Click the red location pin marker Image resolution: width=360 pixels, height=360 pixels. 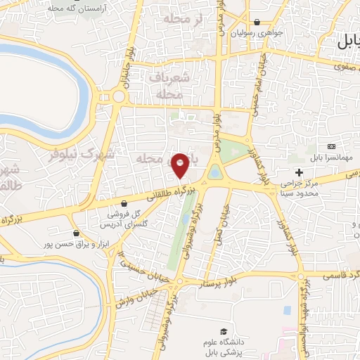pos(181,165)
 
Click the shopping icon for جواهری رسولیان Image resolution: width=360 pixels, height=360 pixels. pos(257,22)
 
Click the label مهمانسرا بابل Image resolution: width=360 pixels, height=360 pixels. pos(329,161)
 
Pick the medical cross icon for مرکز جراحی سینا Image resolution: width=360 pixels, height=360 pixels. pos(300,173)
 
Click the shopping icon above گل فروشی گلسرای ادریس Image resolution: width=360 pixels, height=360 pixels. pos(124,203)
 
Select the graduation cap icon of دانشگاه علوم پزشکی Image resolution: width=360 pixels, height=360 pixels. pos(224,331)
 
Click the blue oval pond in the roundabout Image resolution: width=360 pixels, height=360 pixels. pos(215,172)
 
